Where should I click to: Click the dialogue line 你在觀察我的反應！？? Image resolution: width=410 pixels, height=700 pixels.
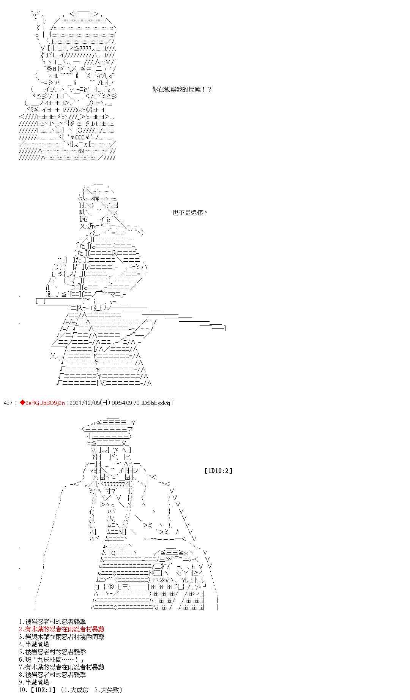(181, 90)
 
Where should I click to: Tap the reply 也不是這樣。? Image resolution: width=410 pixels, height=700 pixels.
(190, 213)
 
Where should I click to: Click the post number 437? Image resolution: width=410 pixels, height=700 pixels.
(8, 403)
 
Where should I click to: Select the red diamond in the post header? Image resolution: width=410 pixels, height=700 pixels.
(22, 403)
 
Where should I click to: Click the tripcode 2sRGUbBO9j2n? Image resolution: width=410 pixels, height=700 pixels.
(45, 403)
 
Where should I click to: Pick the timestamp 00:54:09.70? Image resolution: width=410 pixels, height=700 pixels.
(126, 403)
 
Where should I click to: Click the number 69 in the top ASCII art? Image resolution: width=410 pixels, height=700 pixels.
(81, 151)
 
